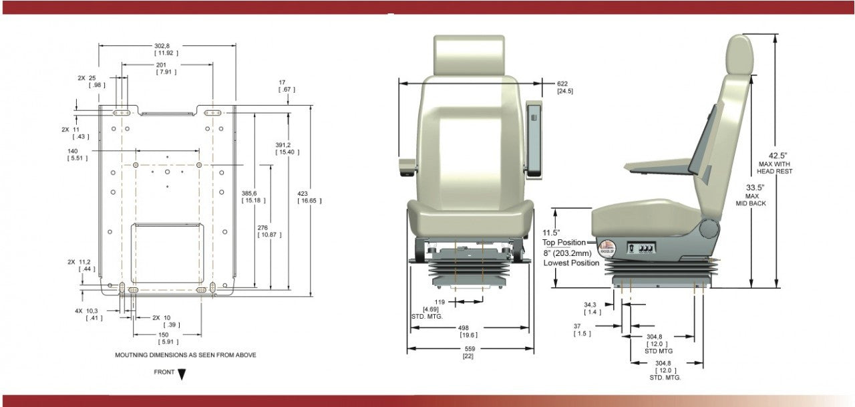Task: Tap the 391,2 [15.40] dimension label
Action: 285,148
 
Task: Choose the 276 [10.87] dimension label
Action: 270,231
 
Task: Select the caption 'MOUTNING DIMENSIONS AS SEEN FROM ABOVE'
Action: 185,356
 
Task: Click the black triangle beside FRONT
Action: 181,374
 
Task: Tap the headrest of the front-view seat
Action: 469,50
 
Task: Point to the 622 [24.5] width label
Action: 564,87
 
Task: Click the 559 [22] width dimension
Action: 470,352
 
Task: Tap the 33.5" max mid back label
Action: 751,194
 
